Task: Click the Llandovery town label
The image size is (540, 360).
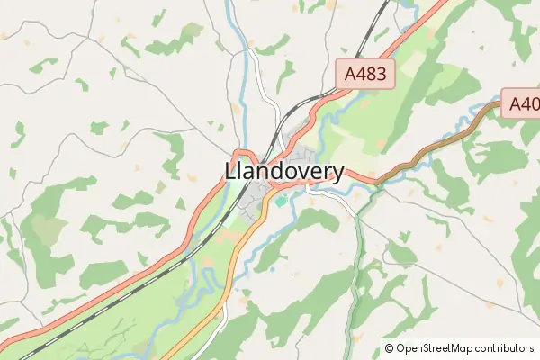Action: pyautogui.click(x=283, y=172)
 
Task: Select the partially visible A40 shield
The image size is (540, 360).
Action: pyautogui.click(x=522, y=104)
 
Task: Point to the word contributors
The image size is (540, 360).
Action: pyautogui.click(x=505, y=347)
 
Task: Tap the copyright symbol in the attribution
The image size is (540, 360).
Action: pyautogui.click(x=390, y=347)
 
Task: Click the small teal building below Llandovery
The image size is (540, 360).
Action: pyautogui.click(x=281, y=201)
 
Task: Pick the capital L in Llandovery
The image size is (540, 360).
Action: pyautogui.click(x=229, y=172)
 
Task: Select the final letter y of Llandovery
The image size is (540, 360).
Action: pyautogui.click(x=337, y=174)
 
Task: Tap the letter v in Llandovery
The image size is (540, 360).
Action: pyautogui.click(x=301, y=172)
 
